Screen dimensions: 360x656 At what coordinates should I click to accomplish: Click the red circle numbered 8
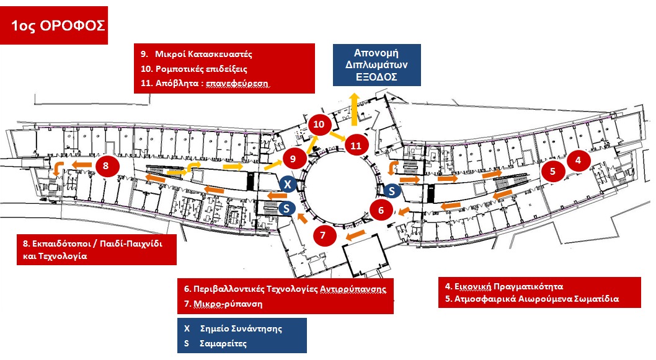[107, 165]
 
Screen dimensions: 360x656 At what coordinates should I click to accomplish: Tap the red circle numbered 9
[293, 158]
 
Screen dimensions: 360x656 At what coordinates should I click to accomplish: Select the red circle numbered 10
[319, 125]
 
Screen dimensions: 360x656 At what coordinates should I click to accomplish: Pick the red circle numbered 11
[356, 146]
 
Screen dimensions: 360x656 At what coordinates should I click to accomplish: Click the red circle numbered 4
[578, 160]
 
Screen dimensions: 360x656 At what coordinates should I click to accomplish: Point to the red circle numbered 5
[552, 172]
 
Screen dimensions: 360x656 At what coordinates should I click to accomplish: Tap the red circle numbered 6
[381, 210]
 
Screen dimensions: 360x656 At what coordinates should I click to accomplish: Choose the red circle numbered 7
[323, 235]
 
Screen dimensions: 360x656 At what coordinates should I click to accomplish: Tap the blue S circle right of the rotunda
[392, 191]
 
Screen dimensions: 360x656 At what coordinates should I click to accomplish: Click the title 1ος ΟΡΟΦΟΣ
[55, 25]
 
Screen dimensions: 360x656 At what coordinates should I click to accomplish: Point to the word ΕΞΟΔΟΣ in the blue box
[376, 77]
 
